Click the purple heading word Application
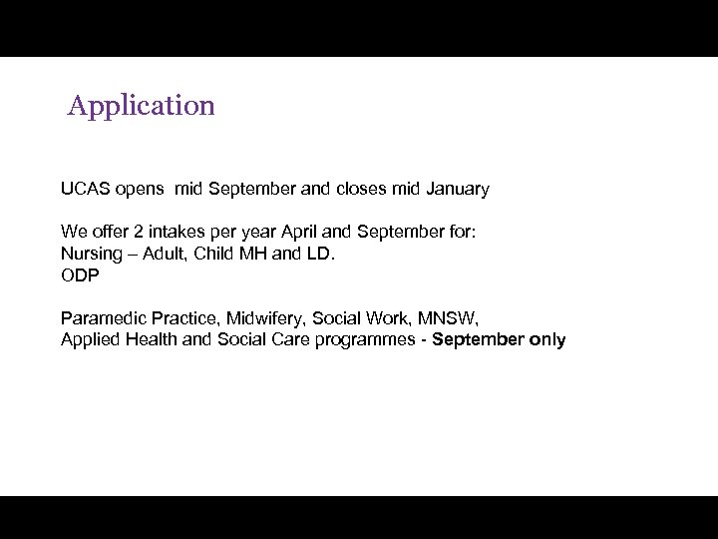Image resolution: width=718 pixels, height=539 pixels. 142,106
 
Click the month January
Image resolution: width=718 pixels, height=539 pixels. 458,189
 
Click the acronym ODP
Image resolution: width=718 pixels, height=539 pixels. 80,275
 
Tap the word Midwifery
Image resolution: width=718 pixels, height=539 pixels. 265,318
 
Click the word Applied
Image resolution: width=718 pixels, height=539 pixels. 90,340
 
